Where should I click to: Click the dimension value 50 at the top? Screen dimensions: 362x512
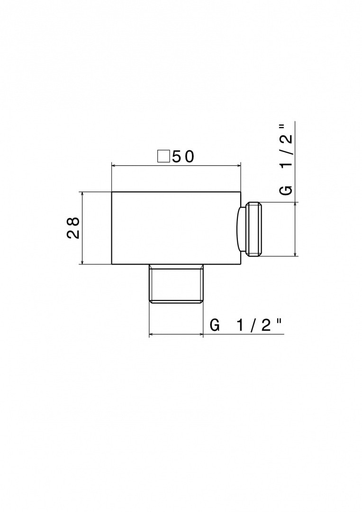point(183,157)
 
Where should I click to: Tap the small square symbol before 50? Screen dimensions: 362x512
point(163,156)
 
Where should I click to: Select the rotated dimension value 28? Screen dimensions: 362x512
point(73,228)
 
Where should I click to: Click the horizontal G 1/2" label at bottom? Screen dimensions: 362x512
point(245,326)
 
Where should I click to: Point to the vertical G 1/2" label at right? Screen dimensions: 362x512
point(286,159)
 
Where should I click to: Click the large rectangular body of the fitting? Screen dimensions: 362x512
point(176,228)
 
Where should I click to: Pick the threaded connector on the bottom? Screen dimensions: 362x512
point(176,283)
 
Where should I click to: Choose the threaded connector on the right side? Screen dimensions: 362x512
point(254,229)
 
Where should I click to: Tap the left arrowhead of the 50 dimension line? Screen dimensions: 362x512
point(114,165)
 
